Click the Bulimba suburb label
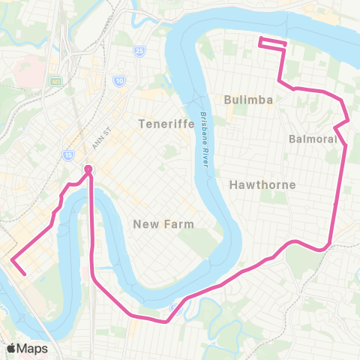pyautogui.click(x=247, y=99)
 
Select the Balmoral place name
pyautogui.click(x=313, y=139)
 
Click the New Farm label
pyautogui.click(x=163, y=224)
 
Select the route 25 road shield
pyautogui.click(x=139, y=51)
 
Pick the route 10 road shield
pyautogui.click(x=119, y=79)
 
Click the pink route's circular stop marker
pyautogui.click(x=88, y=169)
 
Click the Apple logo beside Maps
pyautogui.click(x=12, y=349)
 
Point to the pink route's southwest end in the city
pyautogui.click(x=25, y=274)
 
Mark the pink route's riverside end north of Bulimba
pyautogui.click(x=259, y=39)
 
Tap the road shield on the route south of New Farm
pyautogui.click(x=176, y=307)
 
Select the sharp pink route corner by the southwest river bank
pyautogui.click(x=13, y=260)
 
